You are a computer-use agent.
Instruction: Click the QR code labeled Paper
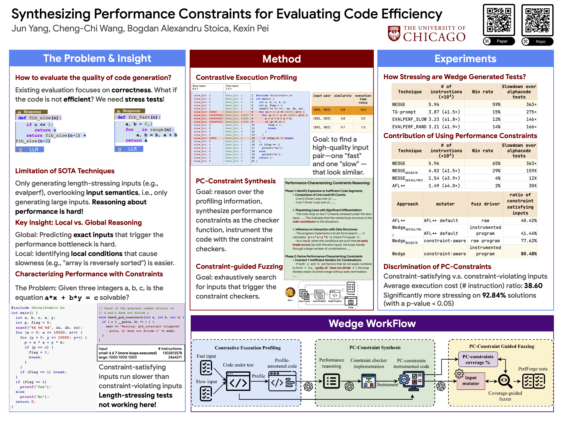[x=499, y=20]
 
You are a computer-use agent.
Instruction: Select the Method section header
[x=281, y=59]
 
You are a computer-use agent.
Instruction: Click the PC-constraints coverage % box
[x=478, y=359]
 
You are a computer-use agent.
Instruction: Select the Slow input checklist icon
[x=206, y=393]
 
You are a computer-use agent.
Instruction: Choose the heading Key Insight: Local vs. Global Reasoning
[x=78, y=223]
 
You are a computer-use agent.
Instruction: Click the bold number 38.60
[x=533, y=286]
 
